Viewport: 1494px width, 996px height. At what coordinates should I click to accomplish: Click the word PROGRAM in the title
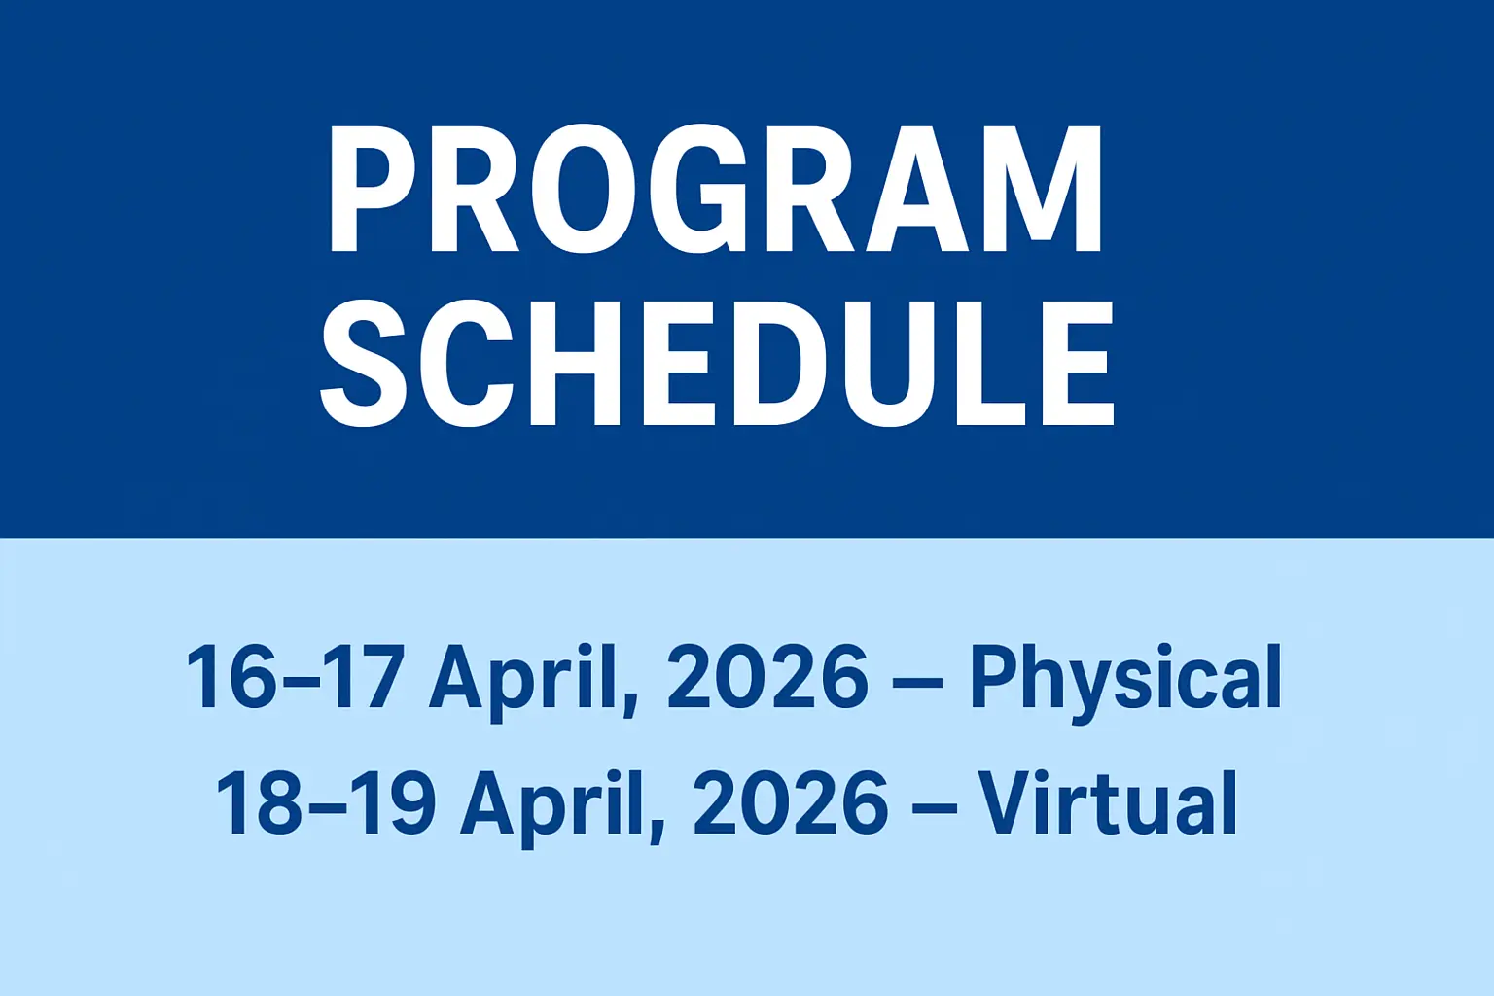(715, 189)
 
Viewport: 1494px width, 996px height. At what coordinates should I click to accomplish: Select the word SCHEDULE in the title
(717, 363)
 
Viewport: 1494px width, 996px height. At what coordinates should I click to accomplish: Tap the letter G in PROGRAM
(697, 189)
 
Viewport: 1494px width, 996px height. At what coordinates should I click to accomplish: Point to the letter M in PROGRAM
(1043, 189)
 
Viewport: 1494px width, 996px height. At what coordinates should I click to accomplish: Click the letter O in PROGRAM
(583, 189)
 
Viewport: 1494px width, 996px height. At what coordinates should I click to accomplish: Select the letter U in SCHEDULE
(889, 363)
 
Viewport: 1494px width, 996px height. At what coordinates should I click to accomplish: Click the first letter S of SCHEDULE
(363, 363)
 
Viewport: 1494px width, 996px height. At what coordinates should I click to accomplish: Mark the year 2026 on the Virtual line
(791, 802)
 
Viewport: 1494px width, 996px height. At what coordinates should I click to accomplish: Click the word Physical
(1125, 679)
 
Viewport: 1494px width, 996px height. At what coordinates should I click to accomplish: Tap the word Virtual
(1107, 802)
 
